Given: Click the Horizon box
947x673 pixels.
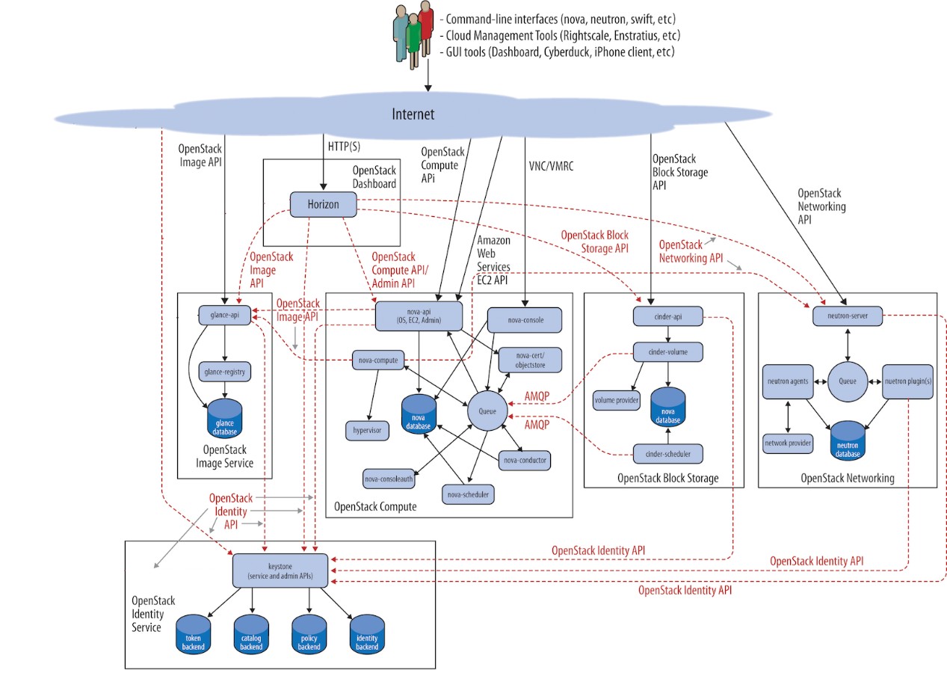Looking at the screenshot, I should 323,203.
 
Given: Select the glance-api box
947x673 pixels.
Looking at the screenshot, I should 224,316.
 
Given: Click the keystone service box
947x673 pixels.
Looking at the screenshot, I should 280,571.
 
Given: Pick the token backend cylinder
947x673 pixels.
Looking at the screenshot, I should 194,635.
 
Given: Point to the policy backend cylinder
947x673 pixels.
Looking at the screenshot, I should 309,635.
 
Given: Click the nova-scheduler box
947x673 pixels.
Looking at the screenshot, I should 469,494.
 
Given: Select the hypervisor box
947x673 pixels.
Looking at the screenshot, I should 367,431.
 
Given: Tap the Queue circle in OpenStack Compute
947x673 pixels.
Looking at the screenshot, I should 487,410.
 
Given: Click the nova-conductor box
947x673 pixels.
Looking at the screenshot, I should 525,460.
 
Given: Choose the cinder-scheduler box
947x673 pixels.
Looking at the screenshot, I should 667,453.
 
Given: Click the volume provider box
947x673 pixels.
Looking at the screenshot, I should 616,400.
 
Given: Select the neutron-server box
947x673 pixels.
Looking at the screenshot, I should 848,316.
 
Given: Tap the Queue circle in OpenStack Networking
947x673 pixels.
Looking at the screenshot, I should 847,380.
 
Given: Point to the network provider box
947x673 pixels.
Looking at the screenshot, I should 788,443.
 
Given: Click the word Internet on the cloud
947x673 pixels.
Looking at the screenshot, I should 413,114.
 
